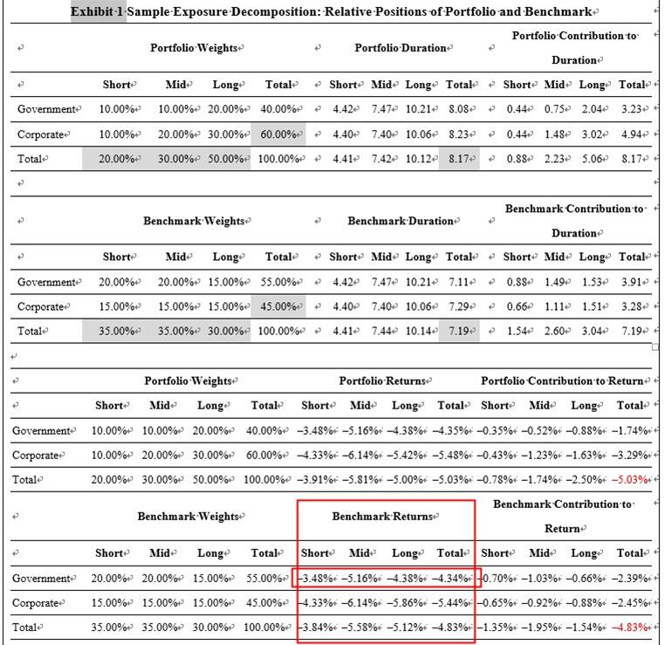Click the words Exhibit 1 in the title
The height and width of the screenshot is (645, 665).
(x=98, y=12)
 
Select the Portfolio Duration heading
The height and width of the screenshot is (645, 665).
(x=400, y=48)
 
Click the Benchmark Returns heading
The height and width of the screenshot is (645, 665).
(x=382, y=516)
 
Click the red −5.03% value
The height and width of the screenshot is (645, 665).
(x=630, y=480)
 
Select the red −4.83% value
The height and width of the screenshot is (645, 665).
(x=630, y=628)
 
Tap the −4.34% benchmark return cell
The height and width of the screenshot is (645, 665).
(x=451, y=579)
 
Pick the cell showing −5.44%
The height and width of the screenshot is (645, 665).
(x=451, y=603)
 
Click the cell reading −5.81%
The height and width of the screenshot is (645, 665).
(x=359, y=480)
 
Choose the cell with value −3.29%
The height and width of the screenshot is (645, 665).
(x=630, y=456)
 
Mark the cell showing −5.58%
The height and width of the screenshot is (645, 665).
(x=359, y=628)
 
